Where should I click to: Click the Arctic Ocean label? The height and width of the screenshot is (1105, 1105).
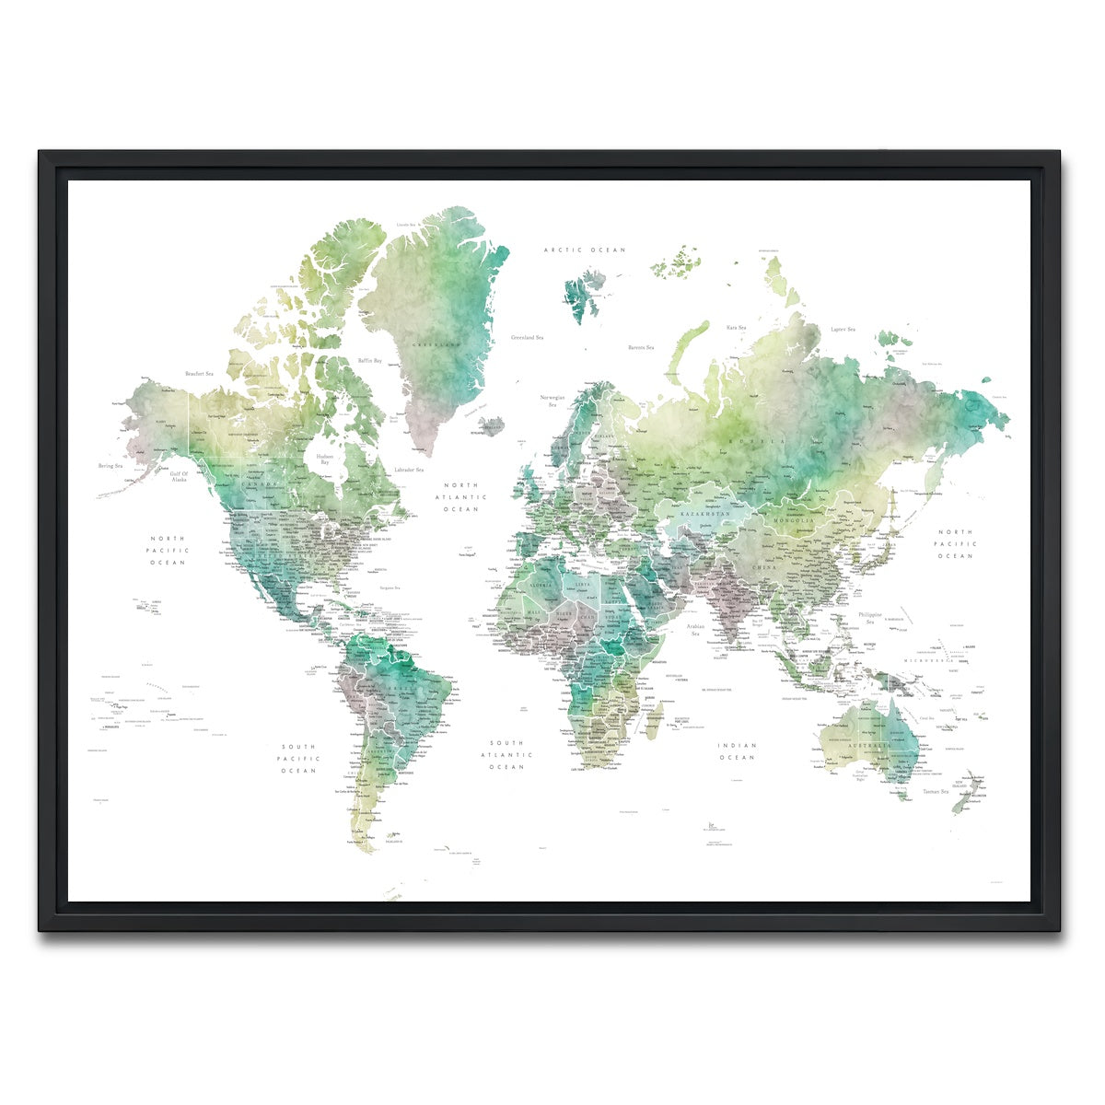584,250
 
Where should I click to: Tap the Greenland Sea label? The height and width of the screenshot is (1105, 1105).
529,338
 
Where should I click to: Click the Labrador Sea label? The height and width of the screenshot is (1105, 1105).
408,471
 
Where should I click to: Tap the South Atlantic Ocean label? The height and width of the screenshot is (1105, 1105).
506,754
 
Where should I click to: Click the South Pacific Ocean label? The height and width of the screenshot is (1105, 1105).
299,759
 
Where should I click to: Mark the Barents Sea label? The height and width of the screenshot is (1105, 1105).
640,347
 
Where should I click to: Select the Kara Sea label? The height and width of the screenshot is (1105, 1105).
735,327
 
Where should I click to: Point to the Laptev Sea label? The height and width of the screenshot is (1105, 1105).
843,329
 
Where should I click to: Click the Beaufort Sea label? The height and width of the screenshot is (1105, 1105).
199,374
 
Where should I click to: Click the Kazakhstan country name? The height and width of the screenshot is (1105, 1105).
705,513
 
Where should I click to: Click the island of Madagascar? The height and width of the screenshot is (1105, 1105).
653,720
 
